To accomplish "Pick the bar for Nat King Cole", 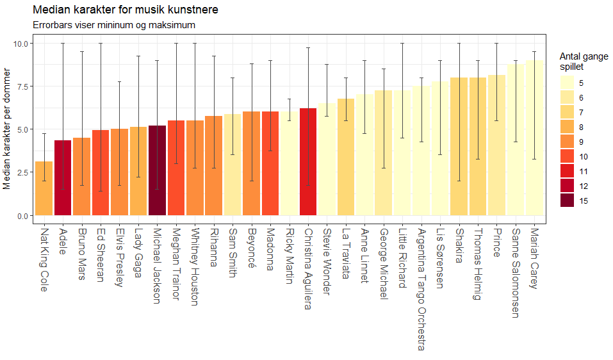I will pyautogui.click(x=44, y=188).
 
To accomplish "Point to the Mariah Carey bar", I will pyautogui.click(x=535, y=137).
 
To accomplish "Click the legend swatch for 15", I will pyautogui.click(x=567, y=200).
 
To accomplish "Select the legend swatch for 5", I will pyautogui.click(x=567, y=83).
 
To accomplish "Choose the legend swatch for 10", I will pyautogui.click(x=567, y=156).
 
